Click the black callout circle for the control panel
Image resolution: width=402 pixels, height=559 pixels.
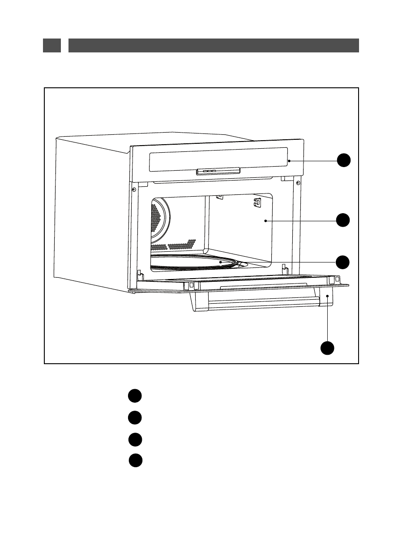(x=343, y=160)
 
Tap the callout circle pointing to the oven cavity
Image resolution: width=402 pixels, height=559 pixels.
(x=343, y=220)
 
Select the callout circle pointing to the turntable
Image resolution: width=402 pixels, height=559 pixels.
(x=343, y=262)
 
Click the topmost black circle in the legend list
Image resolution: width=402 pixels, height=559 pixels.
(x=134, y=396)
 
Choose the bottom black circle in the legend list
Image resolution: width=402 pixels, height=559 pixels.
(x=136, y=460)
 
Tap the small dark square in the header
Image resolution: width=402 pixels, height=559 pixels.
(x=52, y=45)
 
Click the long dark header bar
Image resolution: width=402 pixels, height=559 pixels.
(x=214, y=45)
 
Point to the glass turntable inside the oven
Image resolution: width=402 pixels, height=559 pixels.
(x=192, y=262)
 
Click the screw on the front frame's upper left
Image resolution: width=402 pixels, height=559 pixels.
(x=134, y=189)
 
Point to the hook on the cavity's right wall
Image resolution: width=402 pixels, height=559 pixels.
(x=257, y=202)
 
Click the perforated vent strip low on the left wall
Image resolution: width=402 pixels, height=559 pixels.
(x=175, y=245)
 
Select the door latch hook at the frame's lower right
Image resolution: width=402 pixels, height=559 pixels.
(x=284, y=269)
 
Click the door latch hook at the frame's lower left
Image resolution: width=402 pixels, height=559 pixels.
(x=140, y=272)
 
